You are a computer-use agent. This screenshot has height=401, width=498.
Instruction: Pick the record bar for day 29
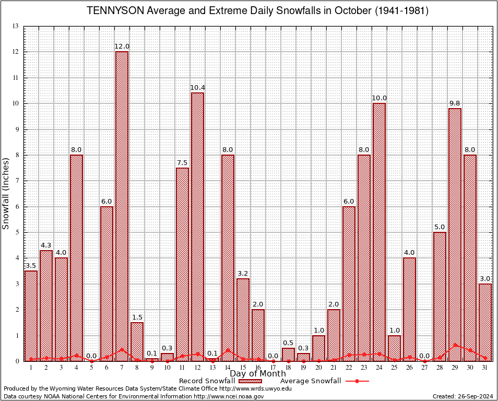pos(455,234)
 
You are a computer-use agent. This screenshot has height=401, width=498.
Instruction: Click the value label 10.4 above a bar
pos(197,87)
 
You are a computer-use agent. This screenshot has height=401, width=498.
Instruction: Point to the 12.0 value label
pos(122,46)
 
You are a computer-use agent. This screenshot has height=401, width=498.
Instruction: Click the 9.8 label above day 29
pos(455,103)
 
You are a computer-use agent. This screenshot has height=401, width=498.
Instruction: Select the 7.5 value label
pos(182,162)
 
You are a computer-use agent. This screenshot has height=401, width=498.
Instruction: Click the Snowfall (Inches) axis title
pos(6,193)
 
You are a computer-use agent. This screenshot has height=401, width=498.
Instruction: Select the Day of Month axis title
pos(257,374)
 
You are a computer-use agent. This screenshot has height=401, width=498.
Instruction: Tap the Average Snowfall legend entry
pos(311,381)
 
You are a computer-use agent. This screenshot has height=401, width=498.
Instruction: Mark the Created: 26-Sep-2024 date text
pos(463,396)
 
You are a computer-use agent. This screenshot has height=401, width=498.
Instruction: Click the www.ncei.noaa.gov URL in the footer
pos(229,396)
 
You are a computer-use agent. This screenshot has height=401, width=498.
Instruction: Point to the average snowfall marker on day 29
pos(455,345)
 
